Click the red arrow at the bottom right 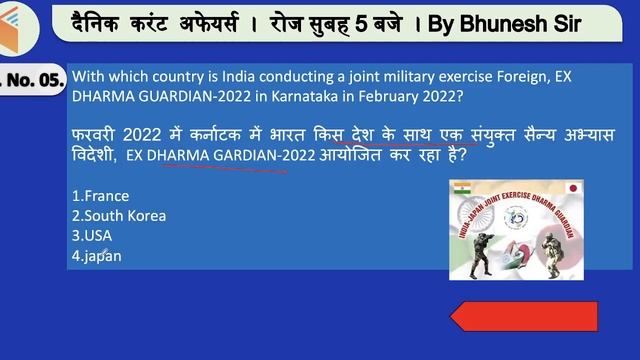tap(524, 318)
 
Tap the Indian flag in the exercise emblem tap(461, 190)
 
